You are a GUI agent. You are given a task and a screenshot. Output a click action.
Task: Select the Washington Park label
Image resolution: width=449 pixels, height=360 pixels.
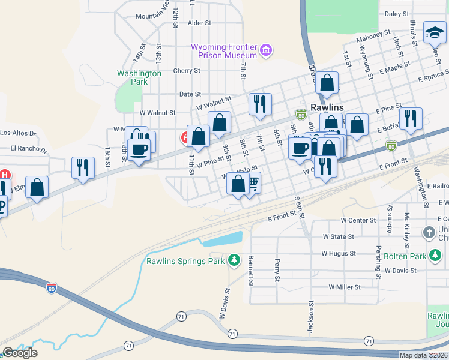[139, 77]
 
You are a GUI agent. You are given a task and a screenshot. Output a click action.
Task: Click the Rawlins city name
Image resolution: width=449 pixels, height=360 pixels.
[327, 107]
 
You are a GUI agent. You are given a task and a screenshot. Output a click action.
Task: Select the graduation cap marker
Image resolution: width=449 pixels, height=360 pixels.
[434, 32]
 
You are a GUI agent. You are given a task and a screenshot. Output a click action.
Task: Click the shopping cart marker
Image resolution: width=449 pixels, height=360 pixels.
[253, 181]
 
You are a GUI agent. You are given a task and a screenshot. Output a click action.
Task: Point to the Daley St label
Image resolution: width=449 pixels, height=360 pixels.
[396, 13]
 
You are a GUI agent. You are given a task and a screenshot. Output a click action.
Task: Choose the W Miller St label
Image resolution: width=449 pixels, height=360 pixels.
[344, 287]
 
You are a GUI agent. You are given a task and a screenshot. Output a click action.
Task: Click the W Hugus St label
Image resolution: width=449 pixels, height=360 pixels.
[339, 254]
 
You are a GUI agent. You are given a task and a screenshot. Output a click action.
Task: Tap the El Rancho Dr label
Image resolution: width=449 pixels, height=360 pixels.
[24, 148]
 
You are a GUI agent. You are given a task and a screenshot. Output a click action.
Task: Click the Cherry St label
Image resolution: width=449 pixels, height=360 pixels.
[186, 71]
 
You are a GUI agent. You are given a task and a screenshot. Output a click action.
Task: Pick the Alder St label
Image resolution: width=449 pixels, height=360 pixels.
[200, 23]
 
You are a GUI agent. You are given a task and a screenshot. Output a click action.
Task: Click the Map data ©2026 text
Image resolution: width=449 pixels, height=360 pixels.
[423, 355]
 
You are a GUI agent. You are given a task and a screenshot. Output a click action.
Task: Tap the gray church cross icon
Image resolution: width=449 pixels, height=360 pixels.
[429, 232]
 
